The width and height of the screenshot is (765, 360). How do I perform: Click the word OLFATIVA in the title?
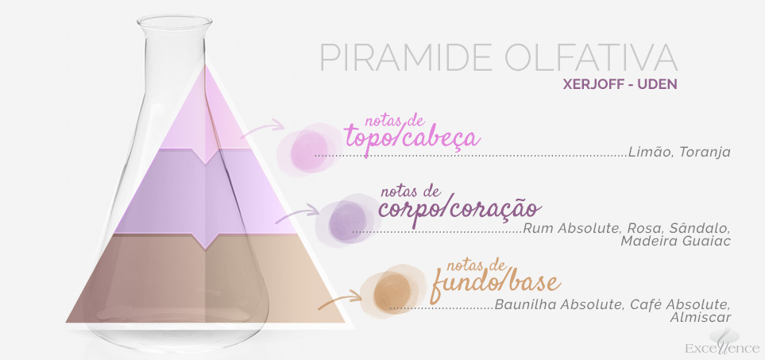pyautogui.click(x=591, y=58)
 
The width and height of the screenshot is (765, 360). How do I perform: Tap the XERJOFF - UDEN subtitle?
pyautogui.click(x=620, y=84)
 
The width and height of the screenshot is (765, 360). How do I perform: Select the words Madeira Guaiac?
pyautogui.click(x=675, y=241)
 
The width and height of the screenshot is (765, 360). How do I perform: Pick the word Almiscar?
pyautogui.click(x=700, y=317)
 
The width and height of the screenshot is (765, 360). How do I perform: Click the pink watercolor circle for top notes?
pyautogui.click(x=308, y=149)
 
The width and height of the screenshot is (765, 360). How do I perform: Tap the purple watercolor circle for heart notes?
pyautogui.click(x=347, y=221)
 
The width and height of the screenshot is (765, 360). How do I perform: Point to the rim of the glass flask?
pyautogui.click(x=174, y=21)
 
